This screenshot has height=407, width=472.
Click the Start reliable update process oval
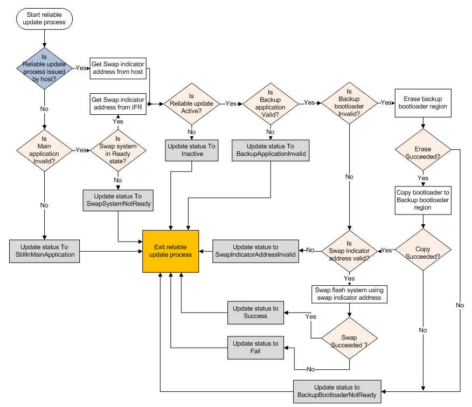45,18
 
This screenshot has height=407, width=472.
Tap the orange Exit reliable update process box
171,251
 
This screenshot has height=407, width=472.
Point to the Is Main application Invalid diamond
44,149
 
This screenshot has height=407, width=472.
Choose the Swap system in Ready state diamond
118,149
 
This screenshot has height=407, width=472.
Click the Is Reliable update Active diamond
192,104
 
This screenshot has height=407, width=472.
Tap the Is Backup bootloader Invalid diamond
349,103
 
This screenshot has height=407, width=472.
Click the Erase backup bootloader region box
423,102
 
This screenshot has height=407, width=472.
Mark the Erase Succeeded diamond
423,153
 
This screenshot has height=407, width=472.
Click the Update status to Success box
255,312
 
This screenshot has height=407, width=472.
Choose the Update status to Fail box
255,347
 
